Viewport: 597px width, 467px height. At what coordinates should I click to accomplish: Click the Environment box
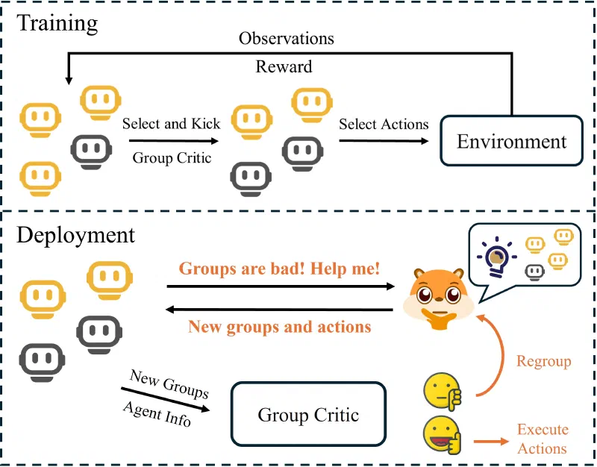pos(512,142)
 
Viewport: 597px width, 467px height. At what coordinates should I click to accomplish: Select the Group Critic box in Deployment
pos(308,415)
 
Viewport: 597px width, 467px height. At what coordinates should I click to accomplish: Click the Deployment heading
pos(75,235)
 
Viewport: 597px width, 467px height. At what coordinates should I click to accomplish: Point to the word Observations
pos(286,38)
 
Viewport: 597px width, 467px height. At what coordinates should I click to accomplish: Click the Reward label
pos(284,67)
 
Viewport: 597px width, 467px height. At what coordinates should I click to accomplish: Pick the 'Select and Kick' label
pos(172,124)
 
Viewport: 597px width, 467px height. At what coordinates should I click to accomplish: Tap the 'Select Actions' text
pos(384,124)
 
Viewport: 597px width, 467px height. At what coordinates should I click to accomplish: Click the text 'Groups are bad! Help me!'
pos(280,269)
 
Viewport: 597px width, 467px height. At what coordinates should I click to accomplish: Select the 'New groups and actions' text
pos(280,327)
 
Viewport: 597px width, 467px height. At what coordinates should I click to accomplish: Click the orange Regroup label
pos(543,362)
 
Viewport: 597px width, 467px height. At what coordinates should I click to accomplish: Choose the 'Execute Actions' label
pos(543,439)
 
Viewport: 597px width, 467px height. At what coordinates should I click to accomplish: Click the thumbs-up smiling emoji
pos(441,434)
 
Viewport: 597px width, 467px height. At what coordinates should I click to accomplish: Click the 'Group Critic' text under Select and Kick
pos(172,157)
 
